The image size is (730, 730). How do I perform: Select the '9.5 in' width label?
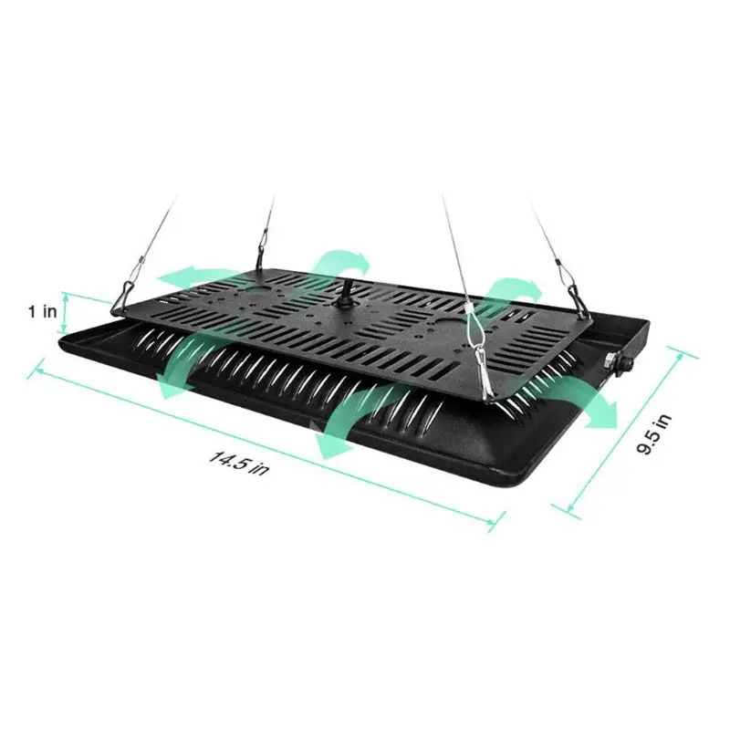click(x=653, y=436)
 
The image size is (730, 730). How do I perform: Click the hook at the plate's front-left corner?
click(x=124, y=294)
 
